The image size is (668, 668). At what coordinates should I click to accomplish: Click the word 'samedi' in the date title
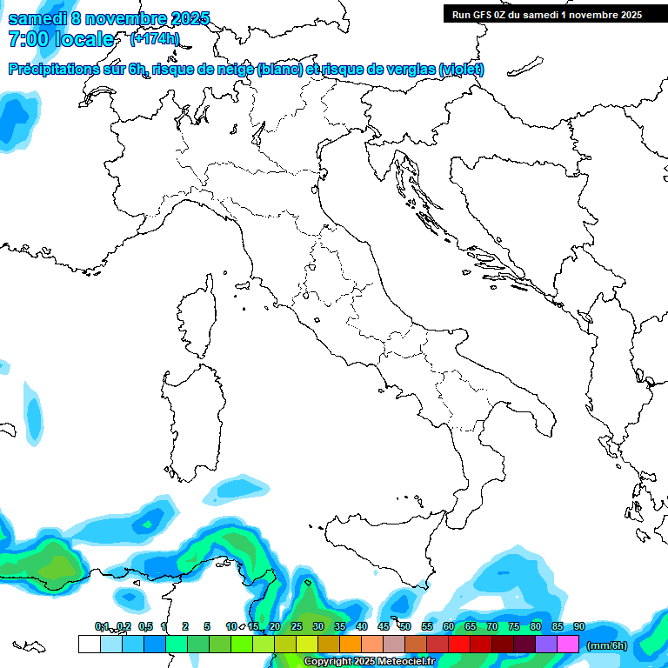37,18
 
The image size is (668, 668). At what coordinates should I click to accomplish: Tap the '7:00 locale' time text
61,39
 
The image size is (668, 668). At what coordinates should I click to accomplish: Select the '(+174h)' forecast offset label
155,38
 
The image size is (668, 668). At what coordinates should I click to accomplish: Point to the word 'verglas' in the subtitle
409,70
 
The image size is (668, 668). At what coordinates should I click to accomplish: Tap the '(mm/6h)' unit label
607,645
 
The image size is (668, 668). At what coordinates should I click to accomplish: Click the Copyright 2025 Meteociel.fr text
369,662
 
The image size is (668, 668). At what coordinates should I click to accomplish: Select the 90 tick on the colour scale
579,626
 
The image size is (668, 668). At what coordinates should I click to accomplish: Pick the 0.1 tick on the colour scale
101,626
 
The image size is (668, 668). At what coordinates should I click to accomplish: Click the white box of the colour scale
90,644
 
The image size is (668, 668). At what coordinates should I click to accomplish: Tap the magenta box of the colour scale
568,644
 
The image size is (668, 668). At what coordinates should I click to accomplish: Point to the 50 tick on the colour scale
405,626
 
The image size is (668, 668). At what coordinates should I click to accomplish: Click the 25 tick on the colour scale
297,626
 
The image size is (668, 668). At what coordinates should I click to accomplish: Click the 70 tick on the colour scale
492,626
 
